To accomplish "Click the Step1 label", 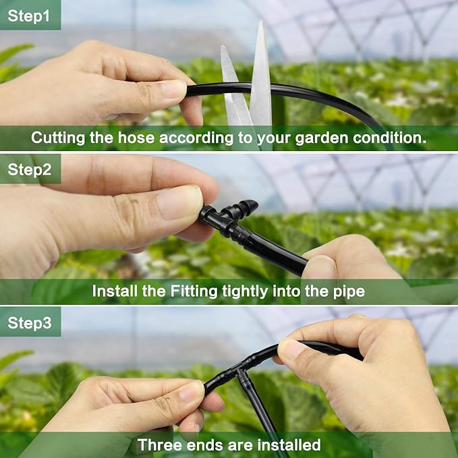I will tap(29, 15).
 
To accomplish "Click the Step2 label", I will tap(29, 169).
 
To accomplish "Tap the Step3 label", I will tap(29, 322).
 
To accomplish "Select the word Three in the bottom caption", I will tap(157, 445).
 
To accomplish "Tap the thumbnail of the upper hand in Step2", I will tap(181, 202).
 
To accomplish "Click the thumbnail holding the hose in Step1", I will tap(171, 89).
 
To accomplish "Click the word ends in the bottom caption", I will tap(210, 445).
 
